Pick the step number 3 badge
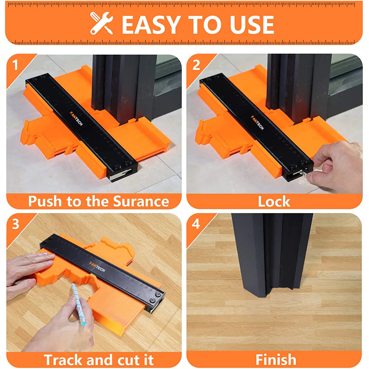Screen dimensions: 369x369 point(15,224)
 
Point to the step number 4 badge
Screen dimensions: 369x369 point(196,224)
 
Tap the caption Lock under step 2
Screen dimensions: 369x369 point(274,201)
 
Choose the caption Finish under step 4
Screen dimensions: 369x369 point(276,359)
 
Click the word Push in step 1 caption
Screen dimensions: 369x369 point(46,201)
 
